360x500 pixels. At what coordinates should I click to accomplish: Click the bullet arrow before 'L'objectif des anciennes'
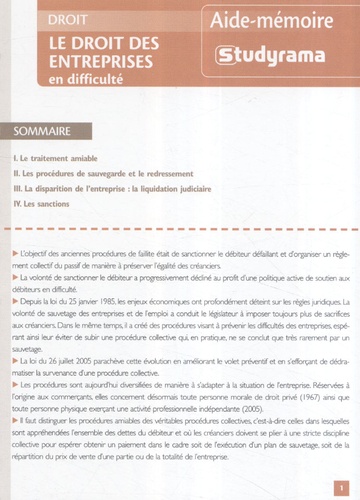coord(22,260)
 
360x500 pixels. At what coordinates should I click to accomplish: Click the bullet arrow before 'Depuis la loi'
coord(22,300)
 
